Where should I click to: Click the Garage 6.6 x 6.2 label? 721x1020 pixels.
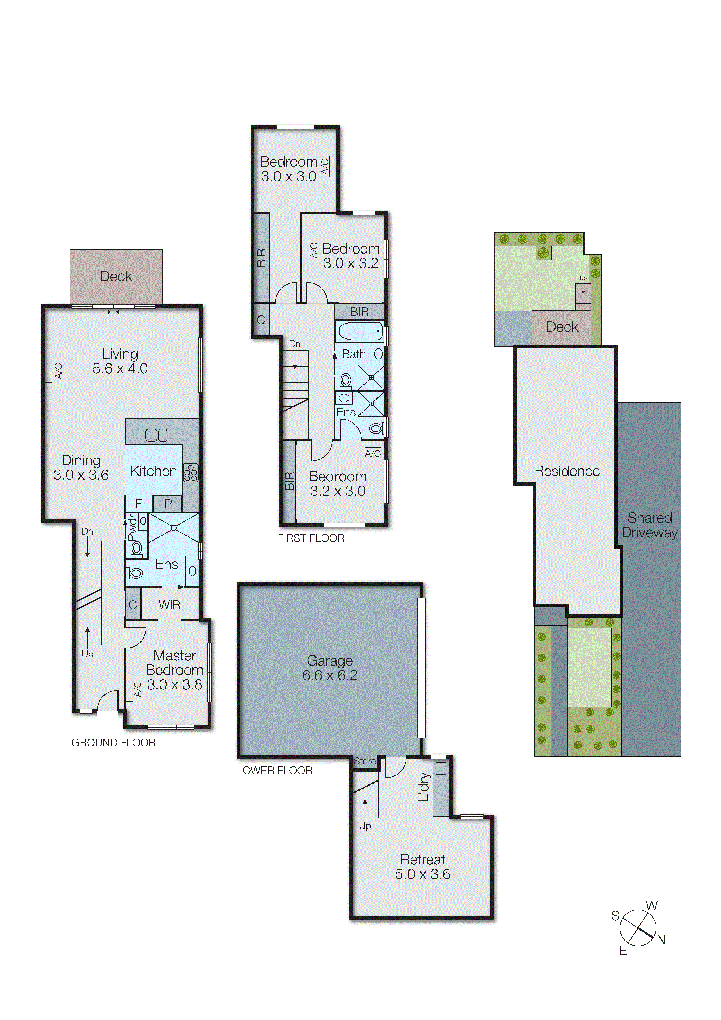click(330, 668)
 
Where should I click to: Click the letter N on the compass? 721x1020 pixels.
click(661, 939)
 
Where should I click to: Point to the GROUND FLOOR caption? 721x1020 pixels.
click(113, 742)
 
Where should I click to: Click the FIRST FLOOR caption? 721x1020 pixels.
click(311, 538)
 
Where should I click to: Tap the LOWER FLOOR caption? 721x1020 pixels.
click(274, 770)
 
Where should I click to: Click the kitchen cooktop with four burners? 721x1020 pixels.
click(191, 473)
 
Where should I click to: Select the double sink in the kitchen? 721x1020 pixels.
click(156, 435)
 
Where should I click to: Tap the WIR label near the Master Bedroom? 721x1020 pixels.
click(169, 604)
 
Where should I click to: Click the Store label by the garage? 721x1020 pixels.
click(365, 761)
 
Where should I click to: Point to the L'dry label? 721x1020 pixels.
click(424, 787)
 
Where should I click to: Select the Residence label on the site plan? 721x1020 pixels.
click(567, 471)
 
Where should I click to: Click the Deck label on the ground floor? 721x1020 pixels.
click(116, 276)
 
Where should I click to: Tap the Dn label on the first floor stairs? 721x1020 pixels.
click(295, 344)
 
